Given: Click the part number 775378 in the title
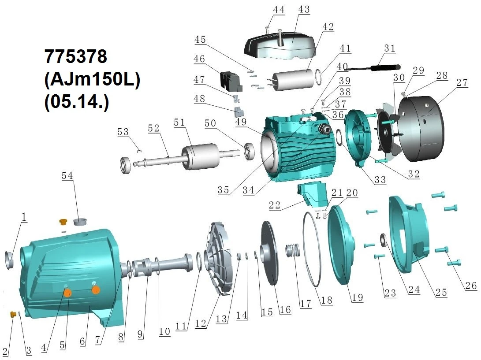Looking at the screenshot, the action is (x=76, y=56).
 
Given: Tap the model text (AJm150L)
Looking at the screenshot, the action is (x=92, y=79).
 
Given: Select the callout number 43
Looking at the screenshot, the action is (x=304, y=9).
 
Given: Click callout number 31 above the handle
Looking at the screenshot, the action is (x=390, y=48).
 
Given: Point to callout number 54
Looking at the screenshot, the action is (x=67, y=176).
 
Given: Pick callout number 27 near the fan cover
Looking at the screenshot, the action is (x=462, y=82).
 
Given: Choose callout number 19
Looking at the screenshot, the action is (x=358, y=297).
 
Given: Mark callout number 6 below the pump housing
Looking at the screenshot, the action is (x=82, y=341).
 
